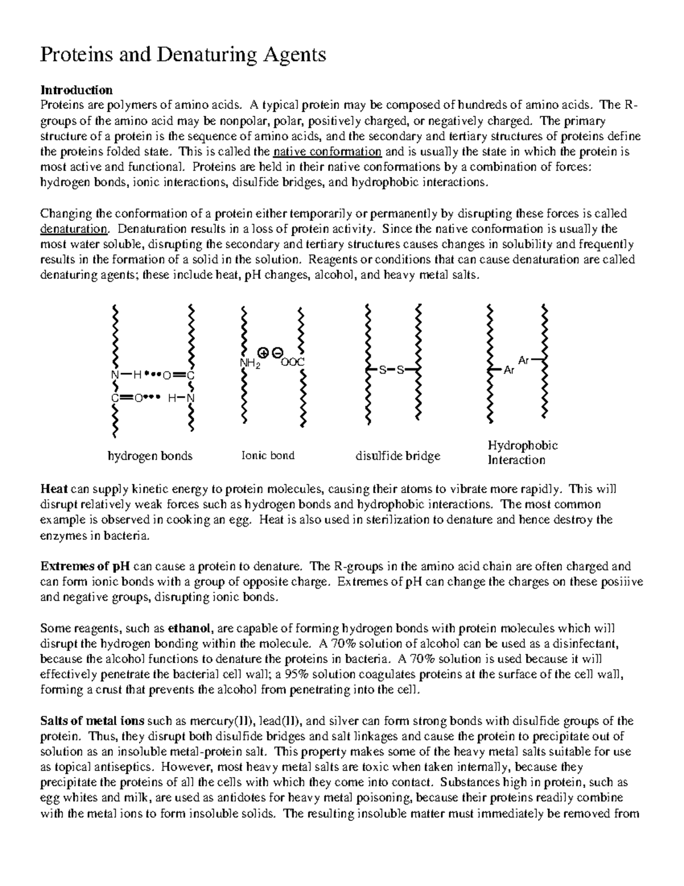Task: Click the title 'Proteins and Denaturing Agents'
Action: (x=182, y=55)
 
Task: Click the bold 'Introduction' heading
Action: (x=76, y=90)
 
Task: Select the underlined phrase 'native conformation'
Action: (x=327, y=152)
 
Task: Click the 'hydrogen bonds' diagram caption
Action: (x=150, y=456)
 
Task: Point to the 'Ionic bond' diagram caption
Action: (x=268, y=455)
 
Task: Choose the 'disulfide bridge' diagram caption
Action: (x=398, y=456)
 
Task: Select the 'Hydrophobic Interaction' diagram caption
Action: (x=522, y=452)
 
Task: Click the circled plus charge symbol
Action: (x=263, y=352)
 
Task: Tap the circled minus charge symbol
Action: (x=276, y=352)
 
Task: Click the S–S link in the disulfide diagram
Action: (x=392, y=370)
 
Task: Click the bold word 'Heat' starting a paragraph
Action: (x=54, y=489)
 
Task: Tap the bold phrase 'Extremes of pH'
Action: (x=85, y=567)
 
